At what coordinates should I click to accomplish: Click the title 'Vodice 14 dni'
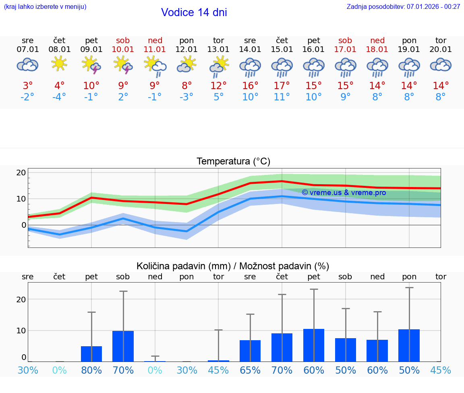tap(194, 12)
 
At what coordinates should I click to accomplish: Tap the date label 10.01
tap(123, 49)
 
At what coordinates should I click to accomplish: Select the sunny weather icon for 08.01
tap(59, 64)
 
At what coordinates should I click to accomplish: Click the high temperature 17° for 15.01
tap(282, 86)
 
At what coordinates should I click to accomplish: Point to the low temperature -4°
tap(59, 97)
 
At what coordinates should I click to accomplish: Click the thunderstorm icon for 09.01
tap(91, 64)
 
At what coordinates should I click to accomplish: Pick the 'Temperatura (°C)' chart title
tap(233, 161)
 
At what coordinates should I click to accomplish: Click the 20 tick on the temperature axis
tap(21, 173)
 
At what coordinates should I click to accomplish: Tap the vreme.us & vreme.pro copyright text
tap(344, 193)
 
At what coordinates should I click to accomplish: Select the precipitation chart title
tap(233, 266)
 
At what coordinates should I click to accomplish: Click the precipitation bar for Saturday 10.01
tap(123, 346)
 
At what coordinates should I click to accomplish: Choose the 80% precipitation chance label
tap(91, 370)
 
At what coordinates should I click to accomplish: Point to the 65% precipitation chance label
tap(250, 370)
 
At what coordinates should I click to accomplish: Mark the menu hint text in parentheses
tap(45, 6)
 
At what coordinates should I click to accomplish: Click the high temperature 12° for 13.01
tap(218, 86)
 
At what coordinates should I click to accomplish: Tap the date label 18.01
tap(377, 49)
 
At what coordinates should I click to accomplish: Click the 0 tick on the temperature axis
tap(23, 225)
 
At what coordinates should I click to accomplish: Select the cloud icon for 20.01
tap(441, 64)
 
